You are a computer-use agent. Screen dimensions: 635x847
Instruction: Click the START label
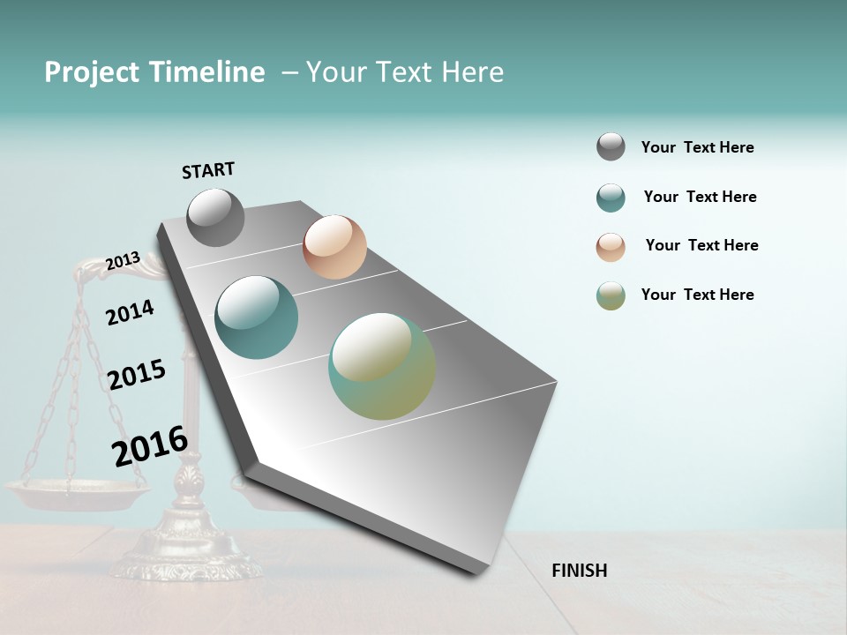click(208, 169)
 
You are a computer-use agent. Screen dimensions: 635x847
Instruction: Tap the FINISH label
click(579, 571)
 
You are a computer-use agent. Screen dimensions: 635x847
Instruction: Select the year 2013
click(123, 260)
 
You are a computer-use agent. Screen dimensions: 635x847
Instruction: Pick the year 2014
click(130, 312)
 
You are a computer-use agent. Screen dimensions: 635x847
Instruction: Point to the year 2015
click(137, 375)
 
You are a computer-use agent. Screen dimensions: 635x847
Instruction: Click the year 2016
click(150, 446)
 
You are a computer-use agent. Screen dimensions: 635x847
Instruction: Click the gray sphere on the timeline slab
click(215, 217)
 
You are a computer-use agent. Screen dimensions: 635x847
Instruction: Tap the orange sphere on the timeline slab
click(334, 247)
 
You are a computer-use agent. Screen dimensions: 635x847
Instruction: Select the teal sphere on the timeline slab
click(256, 317)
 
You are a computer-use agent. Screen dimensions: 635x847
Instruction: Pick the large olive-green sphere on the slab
click(382, 367)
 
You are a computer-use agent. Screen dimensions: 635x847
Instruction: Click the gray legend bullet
click(611, 147)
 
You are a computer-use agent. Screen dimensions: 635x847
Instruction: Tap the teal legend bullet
click(611, 198)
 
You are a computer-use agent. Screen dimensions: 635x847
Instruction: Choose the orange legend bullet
click(611, 247)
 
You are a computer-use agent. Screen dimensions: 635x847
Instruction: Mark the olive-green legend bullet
click(611, 295)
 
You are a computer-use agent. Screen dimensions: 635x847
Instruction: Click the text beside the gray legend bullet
click(697, 147)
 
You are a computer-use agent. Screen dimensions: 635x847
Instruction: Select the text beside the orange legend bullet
click(701, 245)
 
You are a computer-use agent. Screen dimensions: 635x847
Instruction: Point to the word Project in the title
click(91, 72)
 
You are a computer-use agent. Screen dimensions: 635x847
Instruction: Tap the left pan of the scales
click(77, 494)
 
